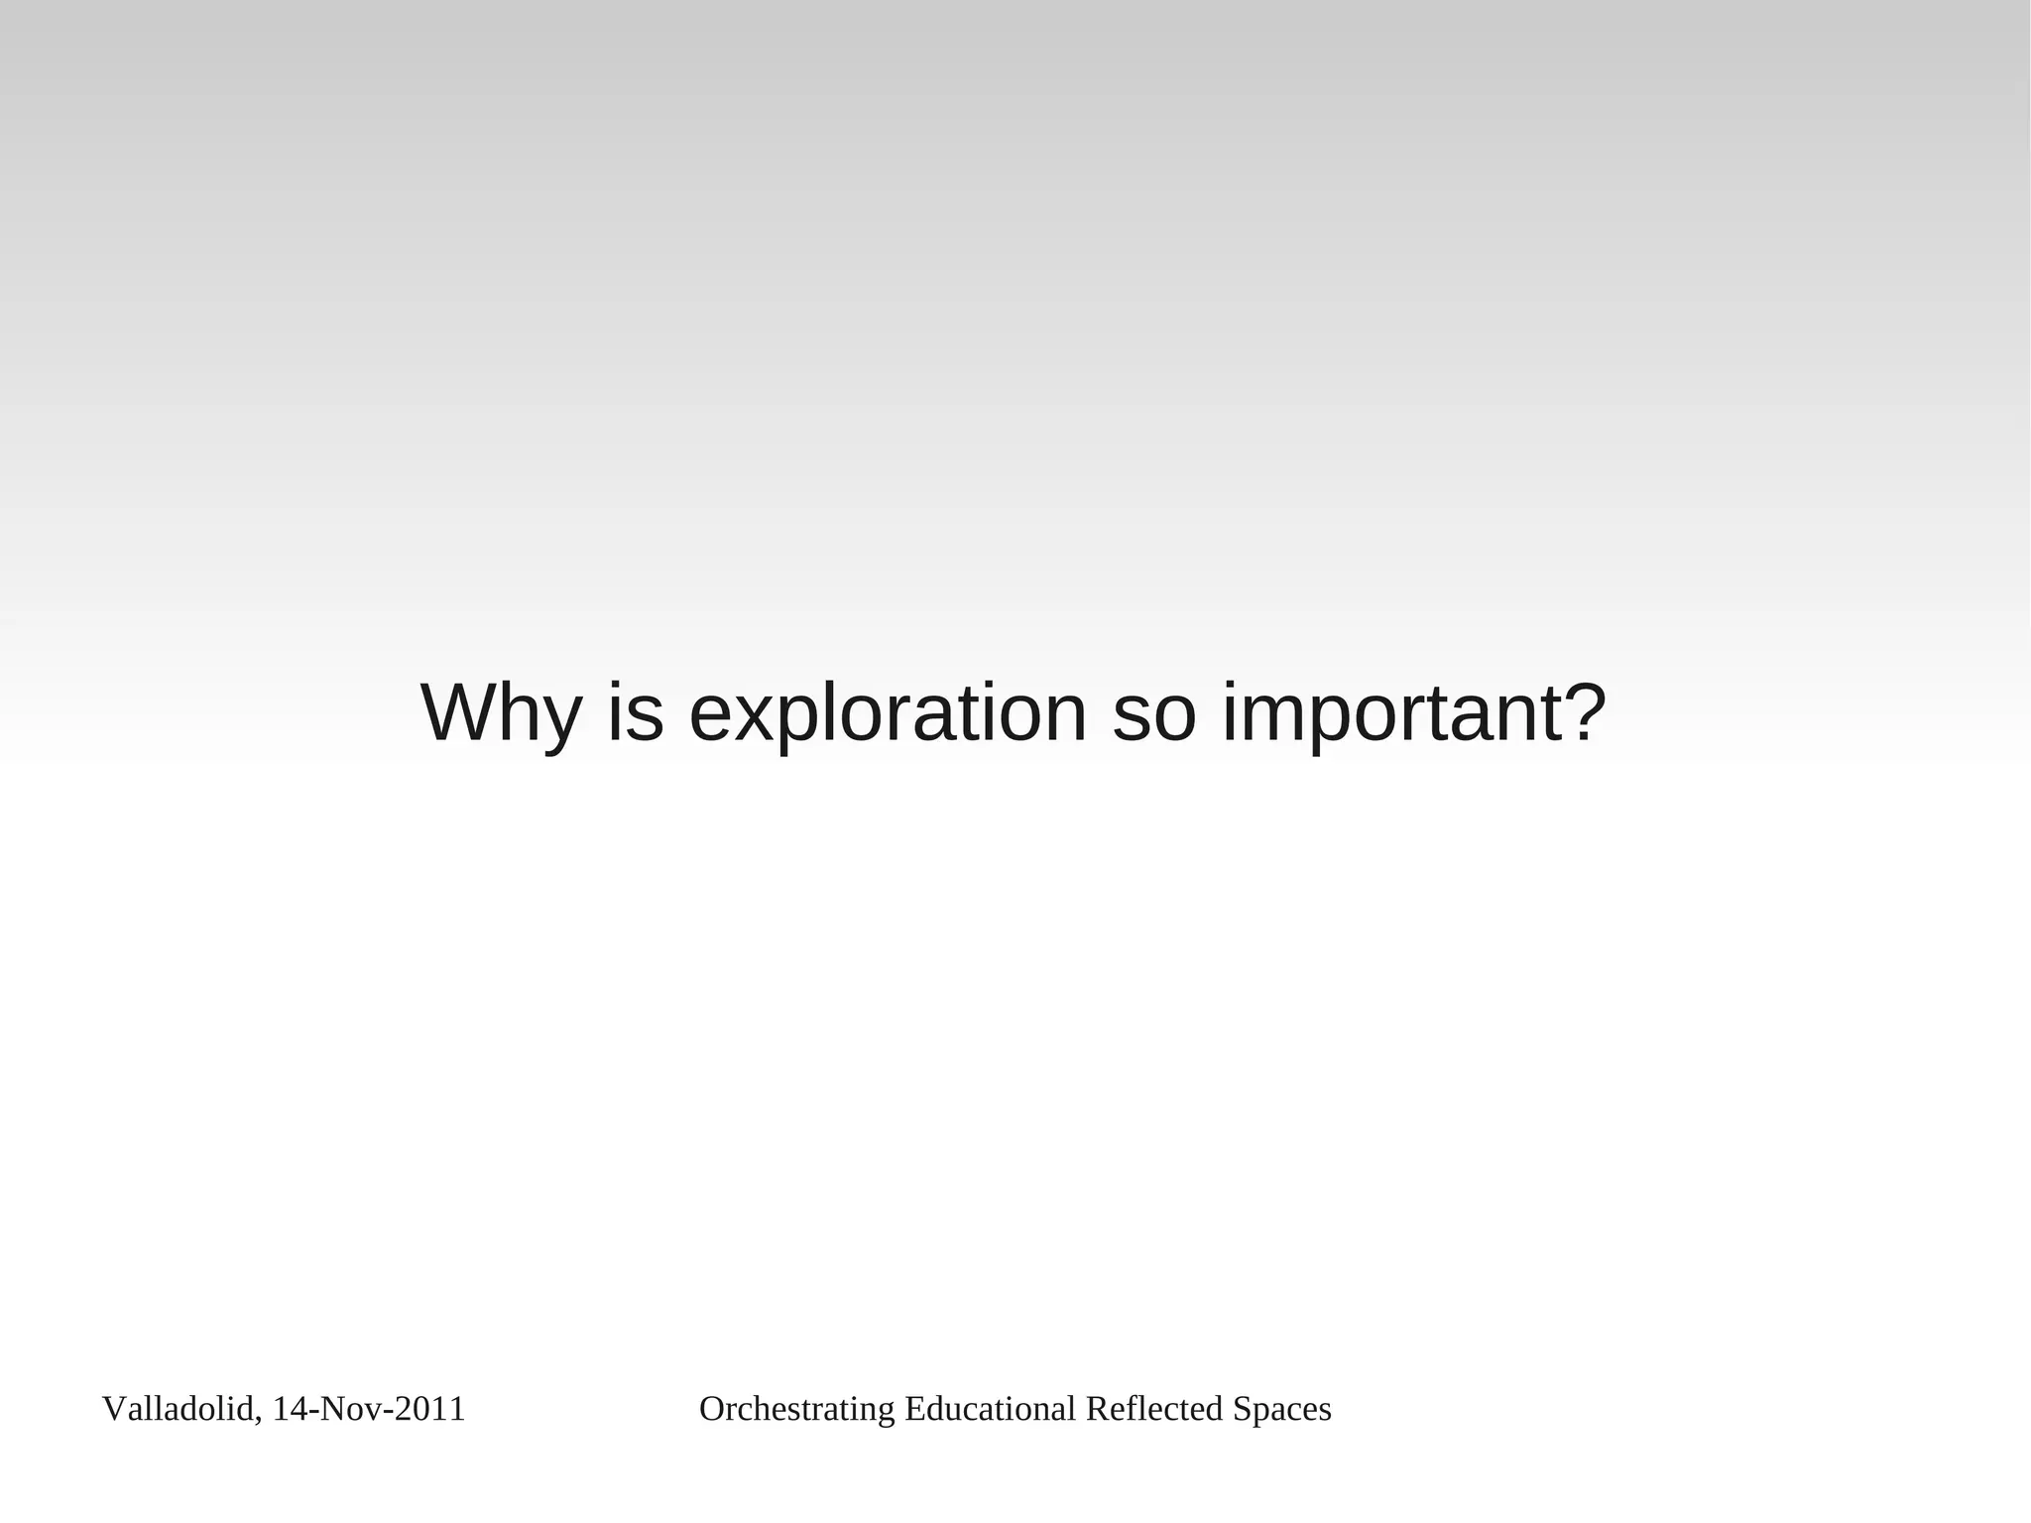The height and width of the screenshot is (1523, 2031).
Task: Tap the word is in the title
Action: [635, 712]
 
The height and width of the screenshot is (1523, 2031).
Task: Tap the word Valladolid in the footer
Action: [179, 1409]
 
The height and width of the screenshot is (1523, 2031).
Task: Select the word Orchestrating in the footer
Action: [797, 1409]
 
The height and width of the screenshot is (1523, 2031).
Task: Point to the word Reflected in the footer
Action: [1154, 1409]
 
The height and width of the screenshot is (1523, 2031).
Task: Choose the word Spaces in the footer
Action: [1282, 1409]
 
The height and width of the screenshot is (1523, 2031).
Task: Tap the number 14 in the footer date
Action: [289, 1409]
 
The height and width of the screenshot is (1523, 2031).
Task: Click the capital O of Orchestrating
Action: [711, 1409]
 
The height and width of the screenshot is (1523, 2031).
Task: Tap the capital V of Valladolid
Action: [113, 1409]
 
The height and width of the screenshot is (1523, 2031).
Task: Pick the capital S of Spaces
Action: [1241, 1409]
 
